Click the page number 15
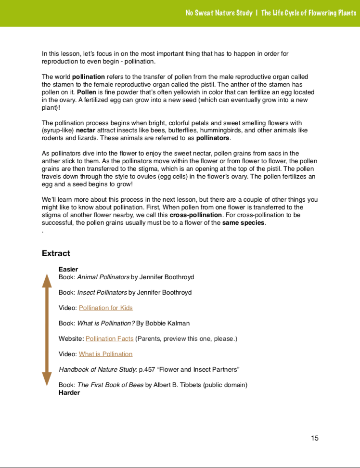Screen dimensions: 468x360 [315, 438]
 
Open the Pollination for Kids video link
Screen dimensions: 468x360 [105, 308]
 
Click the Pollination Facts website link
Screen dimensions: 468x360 [109, 338]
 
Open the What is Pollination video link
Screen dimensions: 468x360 [105, 354]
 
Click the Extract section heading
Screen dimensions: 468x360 [56, 253]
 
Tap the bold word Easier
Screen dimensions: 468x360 [68, 269]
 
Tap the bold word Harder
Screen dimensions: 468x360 [69, 392]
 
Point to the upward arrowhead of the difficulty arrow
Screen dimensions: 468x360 [47, 280]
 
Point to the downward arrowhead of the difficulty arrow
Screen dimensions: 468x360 [47, 379]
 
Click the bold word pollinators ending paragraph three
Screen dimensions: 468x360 [213, 138]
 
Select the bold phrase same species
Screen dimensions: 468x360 [244, 222]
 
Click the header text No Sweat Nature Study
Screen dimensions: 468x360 [219, 13]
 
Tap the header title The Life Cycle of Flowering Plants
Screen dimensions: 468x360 [309, 13]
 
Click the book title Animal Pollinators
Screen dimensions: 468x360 [103, 277]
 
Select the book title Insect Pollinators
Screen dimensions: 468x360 [102, 292]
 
